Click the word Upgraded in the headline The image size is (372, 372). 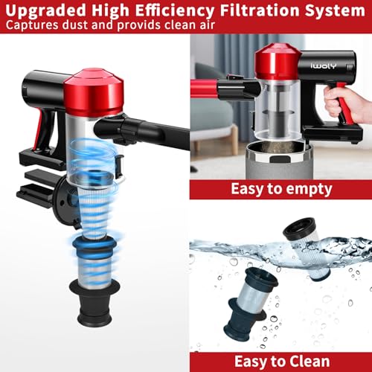click(45, 10)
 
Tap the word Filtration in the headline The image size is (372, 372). click(260, 10)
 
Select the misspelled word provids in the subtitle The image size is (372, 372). click(139, 25)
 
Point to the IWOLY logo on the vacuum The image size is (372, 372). click(324, 66)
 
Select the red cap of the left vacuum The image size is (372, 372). click(94, 92)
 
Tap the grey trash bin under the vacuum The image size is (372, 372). click(280, 161)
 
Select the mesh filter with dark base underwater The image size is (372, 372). click(251, 304)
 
